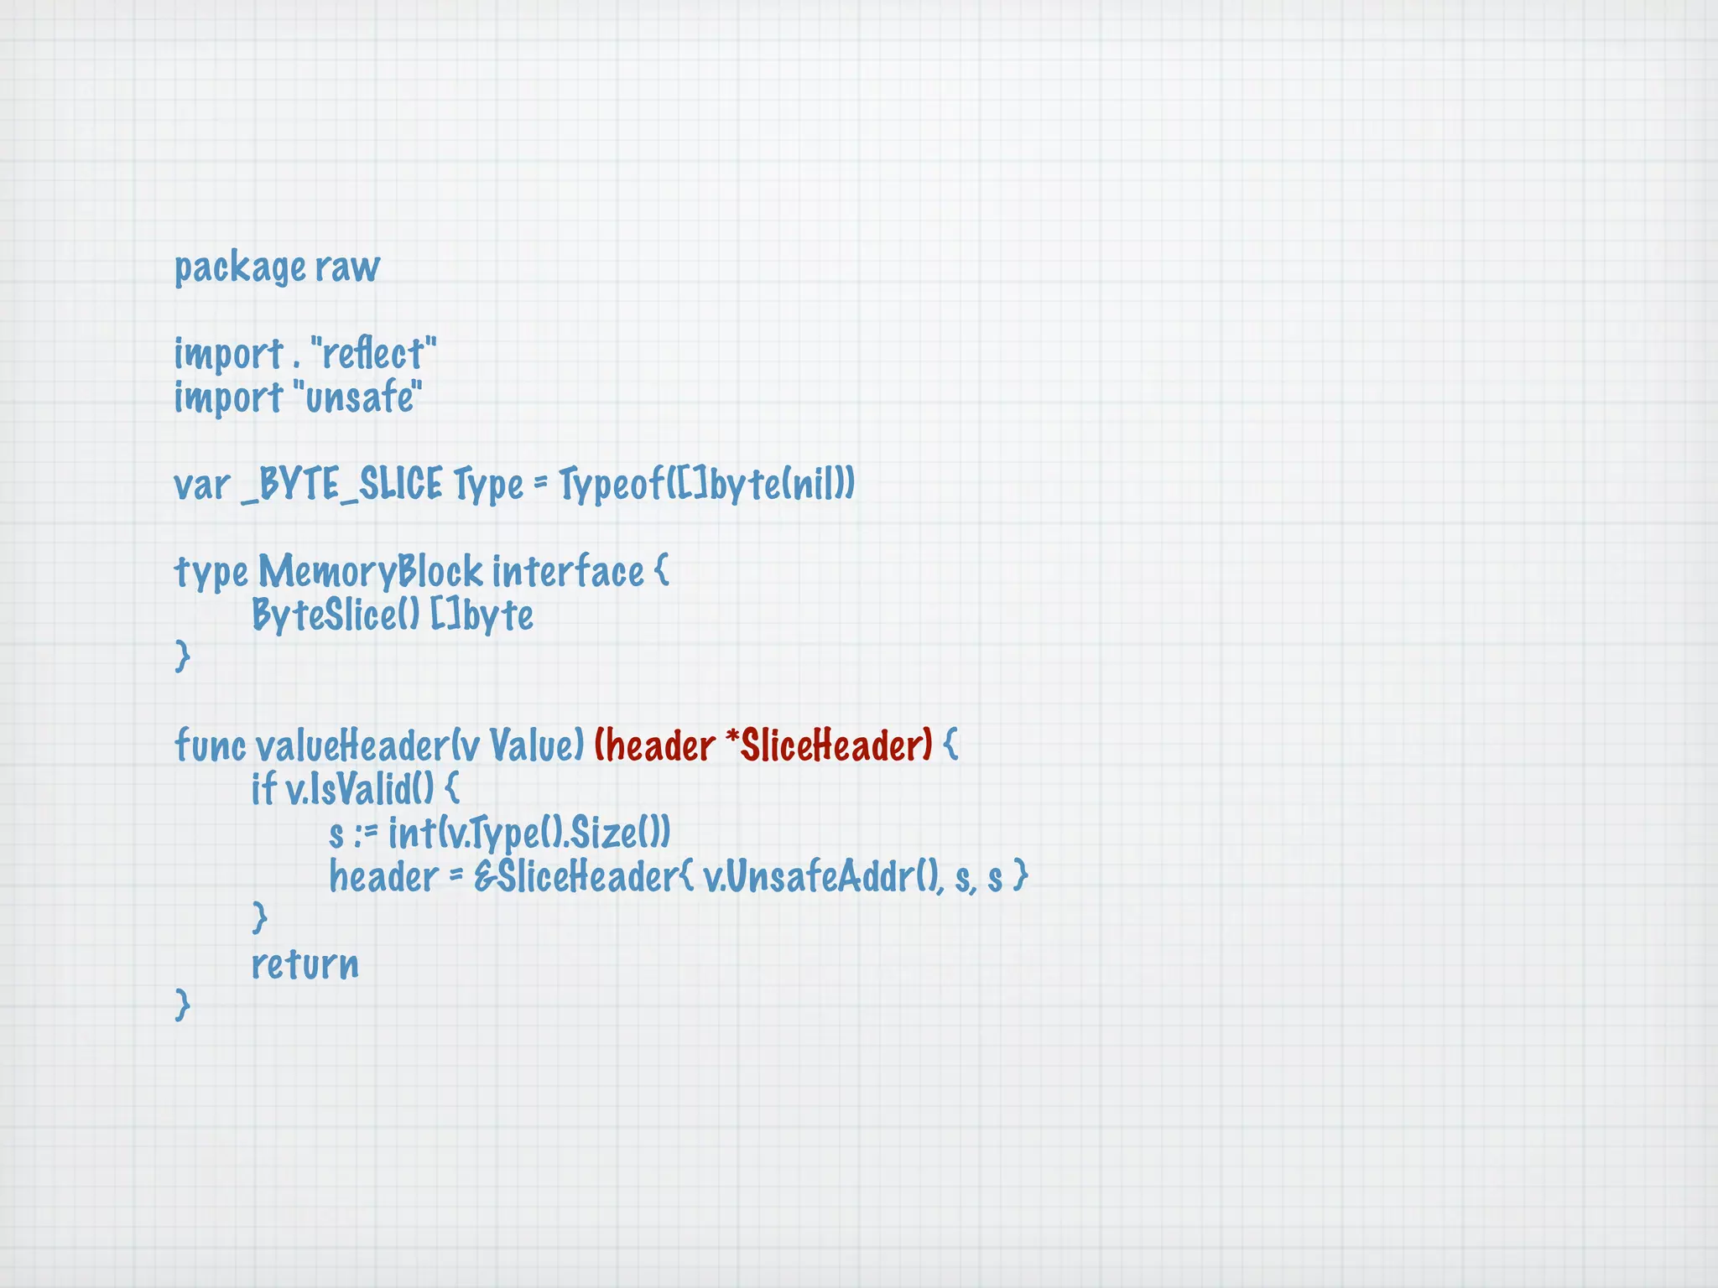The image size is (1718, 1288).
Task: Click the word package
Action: coord(240,268)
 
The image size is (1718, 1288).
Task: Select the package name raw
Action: coord(347,268)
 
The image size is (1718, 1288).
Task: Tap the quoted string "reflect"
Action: coord(373,354)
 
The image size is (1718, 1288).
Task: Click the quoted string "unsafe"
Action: coord(357,397)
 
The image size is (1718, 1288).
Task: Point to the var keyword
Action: coord(201,486)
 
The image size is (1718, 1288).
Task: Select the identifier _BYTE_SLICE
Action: coord(341,486)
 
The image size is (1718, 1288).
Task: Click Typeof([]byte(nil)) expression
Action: coord(706,486)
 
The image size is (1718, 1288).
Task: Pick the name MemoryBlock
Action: coord(370,573)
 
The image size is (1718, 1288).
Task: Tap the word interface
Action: coord(568,573)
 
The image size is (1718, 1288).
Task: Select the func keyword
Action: coord(210,745)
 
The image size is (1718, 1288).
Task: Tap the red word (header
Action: coord(654,745)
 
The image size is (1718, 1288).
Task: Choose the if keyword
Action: coord(263,789)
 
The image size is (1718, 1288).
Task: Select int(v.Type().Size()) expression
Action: coord(529,834)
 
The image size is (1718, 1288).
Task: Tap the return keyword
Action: coord(305,964)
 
